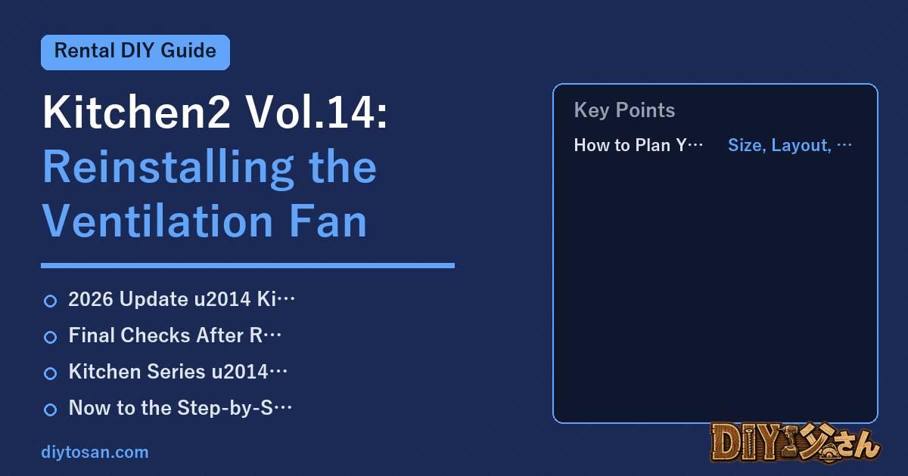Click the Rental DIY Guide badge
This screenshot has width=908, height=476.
pyautogui.click(x=135, y=52)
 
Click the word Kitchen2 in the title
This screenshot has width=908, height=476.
pyautogui.click(x=137, y=112)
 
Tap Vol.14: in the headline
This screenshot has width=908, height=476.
pyautogui.click(x=316, y=112)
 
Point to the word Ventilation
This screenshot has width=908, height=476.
pyautogui.click(x=157, y=221)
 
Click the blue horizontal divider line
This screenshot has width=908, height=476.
pyautogui.click(x=247, y=265)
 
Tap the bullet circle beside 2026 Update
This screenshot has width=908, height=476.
pyautogui.click(x=50, y=301)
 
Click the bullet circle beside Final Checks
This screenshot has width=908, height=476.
pyautogui.click(x=50, y=337)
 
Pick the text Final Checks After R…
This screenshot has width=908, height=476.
pyautogui.click(x=175, y=335)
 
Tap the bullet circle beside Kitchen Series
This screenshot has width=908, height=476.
pyautogui.click(x=50, y=373)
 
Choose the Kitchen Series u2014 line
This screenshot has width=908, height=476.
pyautogui.click(x=178, y=372)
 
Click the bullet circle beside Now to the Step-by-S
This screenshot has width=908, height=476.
pyautogui.click(x=50, y=410)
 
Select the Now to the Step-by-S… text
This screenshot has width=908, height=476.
pyautogui.click(x=180, y=407)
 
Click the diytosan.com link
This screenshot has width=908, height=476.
pyautogui.click(x=95, y=452)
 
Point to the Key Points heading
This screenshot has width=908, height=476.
pyautogui.click(x=624, y=110)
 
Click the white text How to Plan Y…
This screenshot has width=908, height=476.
pyautogui.click(x=639, y=145)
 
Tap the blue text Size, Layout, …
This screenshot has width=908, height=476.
pyautogui.click(x=790, y=145)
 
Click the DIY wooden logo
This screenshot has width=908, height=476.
pyautogui.click(x=795, y=443)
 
